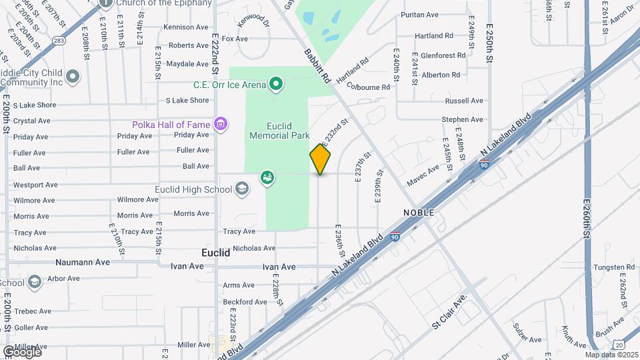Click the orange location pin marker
coord(320,159)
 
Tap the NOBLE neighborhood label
coord(419,212)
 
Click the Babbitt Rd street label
coord(318,66)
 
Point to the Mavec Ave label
coord(423,176)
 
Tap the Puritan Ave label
coord(419,15)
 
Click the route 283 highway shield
coord(59,41)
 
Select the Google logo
coord(21,351)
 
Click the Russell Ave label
coord(464,101)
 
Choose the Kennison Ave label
coord(186,27)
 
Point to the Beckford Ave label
coord(245,302)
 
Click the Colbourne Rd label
coord(368,87)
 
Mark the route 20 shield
coord(620,343)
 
